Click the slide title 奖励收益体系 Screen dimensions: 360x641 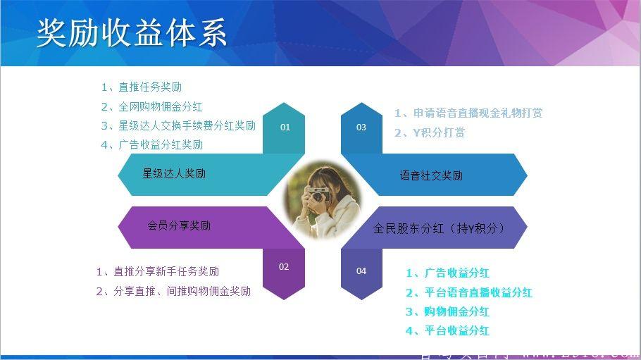(132, 33)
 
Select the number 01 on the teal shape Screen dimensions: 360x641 (285, 128)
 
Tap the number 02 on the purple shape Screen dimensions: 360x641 (284, 267)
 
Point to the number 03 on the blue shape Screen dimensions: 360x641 (361, 128)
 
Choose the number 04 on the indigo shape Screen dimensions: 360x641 (361, 271)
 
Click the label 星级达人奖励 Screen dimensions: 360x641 (174, 173)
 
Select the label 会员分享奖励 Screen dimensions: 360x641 (179, 226)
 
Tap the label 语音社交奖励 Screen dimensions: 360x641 (431, 175)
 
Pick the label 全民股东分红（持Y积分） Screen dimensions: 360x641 (440, 228)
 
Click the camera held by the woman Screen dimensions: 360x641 (318, 194)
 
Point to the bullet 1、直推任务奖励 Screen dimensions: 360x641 (141, 87)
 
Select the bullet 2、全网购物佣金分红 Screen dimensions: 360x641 (151, 107)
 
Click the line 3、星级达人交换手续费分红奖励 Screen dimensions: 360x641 (178, 126)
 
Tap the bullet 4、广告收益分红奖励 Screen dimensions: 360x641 (151, 145)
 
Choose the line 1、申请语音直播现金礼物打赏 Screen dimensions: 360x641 (468, 113)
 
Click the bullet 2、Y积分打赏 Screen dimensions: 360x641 (429, 132)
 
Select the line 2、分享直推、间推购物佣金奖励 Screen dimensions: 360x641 (173, 291)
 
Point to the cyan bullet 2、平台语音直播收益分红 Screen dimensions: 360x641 (468, 292)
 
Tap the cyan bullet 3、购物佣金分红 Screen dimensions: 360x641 (447, 311)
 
